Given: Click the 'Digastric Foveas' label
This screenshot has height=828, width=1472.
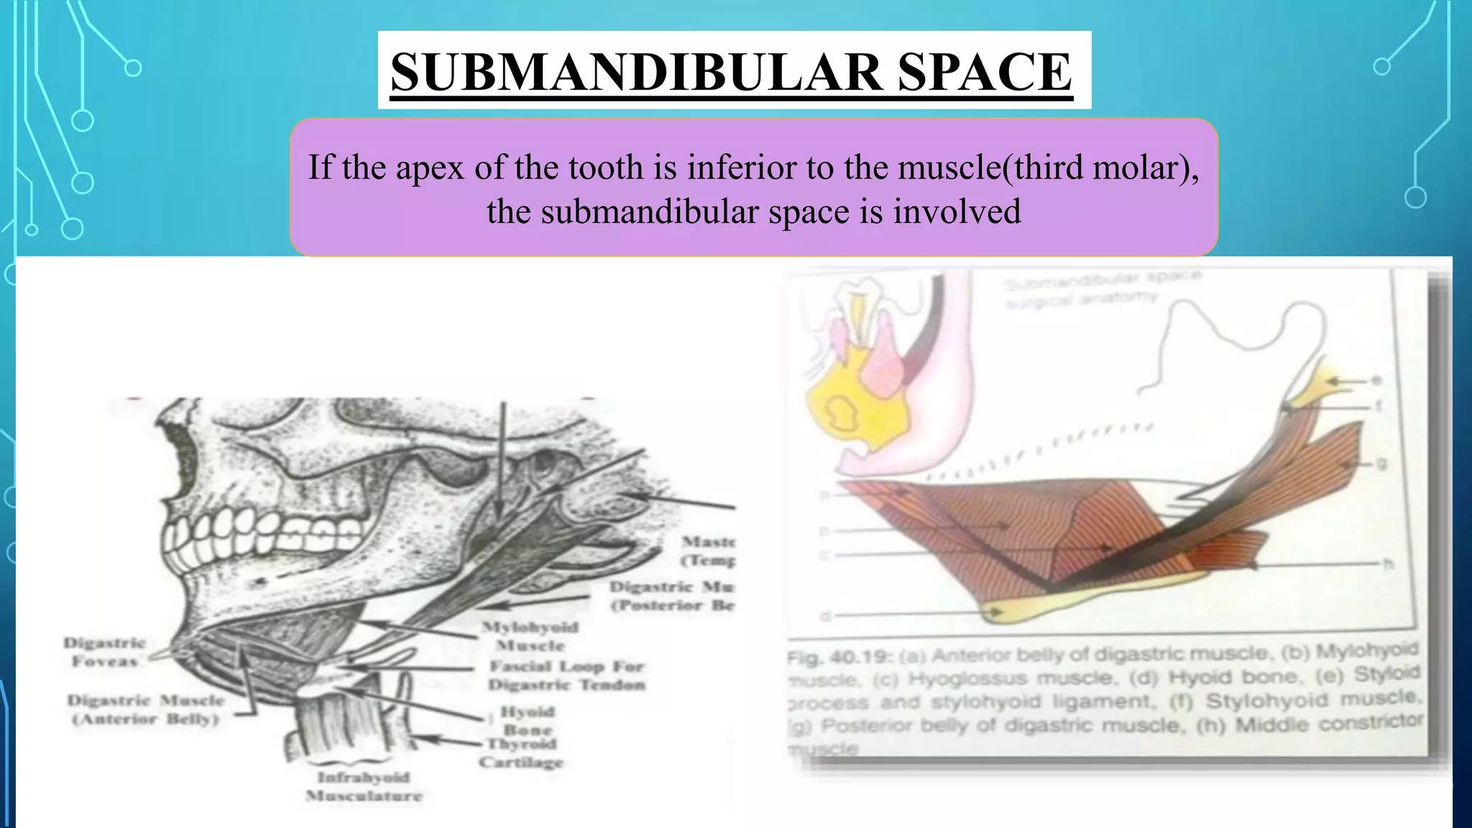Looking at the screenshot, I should point(105,652).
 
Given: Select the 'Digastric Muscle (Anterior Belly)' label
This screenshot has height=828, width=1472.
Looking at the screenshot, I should point(146,709).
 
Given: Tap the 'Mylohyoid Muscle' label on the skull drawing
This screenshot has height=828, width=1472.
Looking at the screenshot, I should point(530,636).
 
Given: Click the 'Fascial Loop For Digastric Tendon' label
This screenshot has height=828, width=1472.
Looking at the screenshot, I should point(567,676).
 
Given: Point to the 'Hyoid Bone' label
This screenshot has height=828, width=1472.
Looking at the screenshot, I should point(528,719).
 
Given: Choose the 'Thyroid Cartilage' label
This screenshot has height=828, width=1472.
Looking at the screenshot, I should point(522,753).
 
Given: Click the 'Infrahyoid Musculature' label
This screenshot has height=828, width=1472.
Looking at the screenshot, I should point(364,786).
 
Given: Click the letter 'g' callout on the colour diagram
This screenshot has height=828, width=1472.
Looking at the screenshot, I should point(1381,464).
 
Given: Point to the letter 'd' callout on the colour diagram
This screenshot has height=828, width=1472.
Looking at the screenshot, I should point(826,616).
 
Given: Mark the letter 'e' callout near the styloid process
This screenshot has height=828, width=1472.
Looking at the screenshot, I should point(1375,380).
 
